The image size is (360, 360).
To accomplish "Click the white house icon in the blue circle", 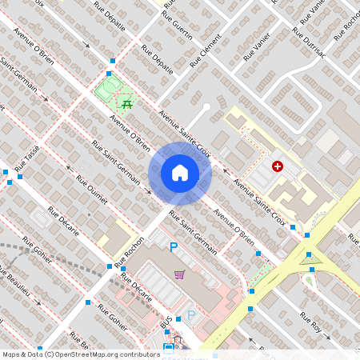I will click(x=180, y=172).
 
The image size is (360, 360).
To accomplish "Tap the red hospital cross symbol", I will click(x=278, y=166).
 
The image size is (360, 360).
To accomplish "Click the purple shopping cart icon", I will click(x=180, y=274).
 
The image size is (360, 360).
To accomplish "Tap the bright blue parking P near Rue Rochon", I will click(x=173, y=248).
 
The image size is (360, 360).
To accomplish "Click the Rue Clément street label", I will click(x=205, y=50).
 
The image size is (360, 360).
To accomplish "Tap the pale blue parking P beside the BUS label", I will click(x=190, y=315).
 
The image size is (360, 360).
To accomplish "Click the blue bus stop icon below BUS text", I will click(x=168, y=347).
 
